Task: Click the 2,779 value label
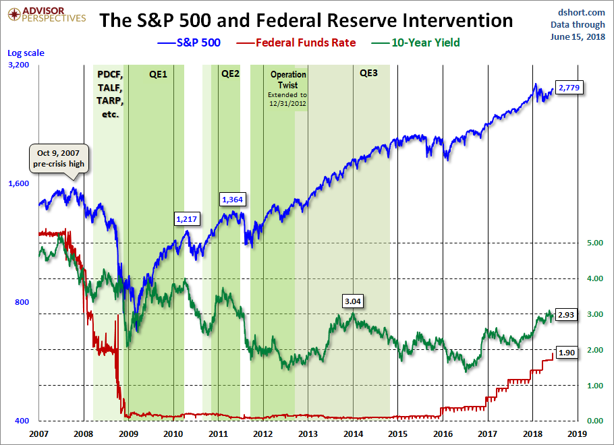pyautogui.click(x=569, y=88)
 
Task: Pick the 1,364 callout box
pyautogui.click(x=233, y=199)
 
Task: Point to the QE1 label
pyautogui.click(x=158, y=73)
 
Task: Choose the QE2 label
pyautogui.click(x=230, y=73)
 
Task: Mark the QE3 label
pyautogui.click(x=369, y=73)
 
